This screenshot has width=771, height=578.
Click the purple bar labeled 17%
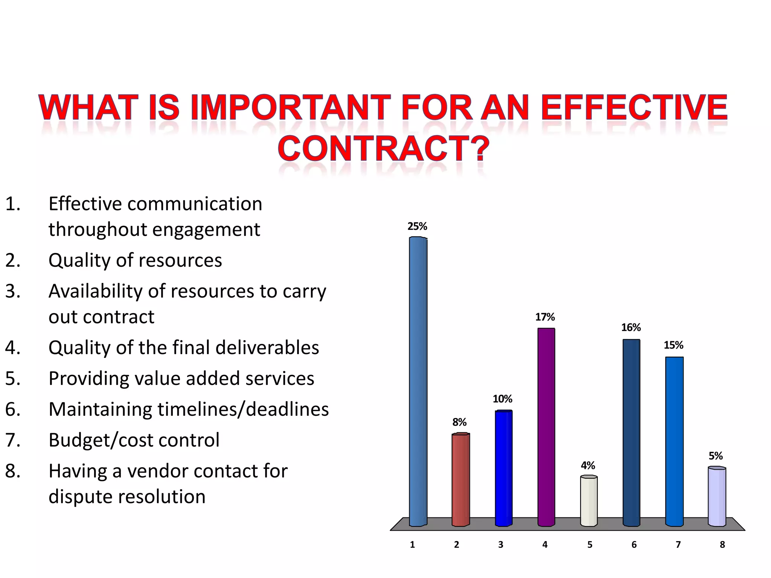point(546,427)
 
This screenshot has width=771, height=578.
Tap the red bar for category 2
point(460,480)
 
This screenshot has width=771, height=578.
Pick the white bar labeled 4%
point(589,501)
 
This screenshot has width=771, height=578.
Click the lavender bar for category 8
point(717,497)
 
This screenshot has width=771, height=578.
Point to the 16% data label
point(631,328)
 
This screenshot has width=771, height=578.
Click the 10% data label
point(503,399)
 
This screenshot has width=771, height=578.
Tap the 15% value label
point(673,345)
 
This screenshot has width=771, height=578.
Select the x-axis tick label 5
point(590,545)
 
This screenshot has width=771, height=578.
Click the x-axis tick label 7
point(678,545)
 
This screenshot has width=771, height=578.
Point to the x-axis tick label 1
point(412,545)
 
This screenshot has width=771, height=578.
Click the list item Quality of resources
point(135,260)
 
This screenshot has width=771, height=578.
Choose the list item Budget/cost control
point(134,440)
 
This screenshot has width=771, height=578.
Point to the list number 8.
point(12,471)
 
